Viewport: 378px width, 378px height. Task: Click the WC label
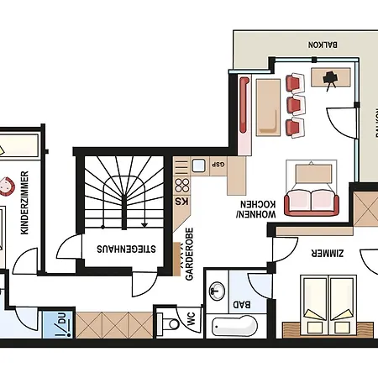click(x=189, y=320)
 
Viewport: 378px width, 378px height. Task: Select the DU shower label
click(x=60, y=321)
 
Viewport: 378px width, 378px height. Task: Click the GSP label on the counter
click(x=218, y=165)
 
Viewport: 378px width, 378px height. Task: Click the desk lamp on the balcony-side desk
click(x=331, y=78)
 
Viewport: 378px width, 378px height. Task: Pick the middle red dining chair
click(x=293, y=105)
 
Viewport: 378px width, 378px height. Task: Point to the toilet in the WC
click(x=171, y=323)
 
